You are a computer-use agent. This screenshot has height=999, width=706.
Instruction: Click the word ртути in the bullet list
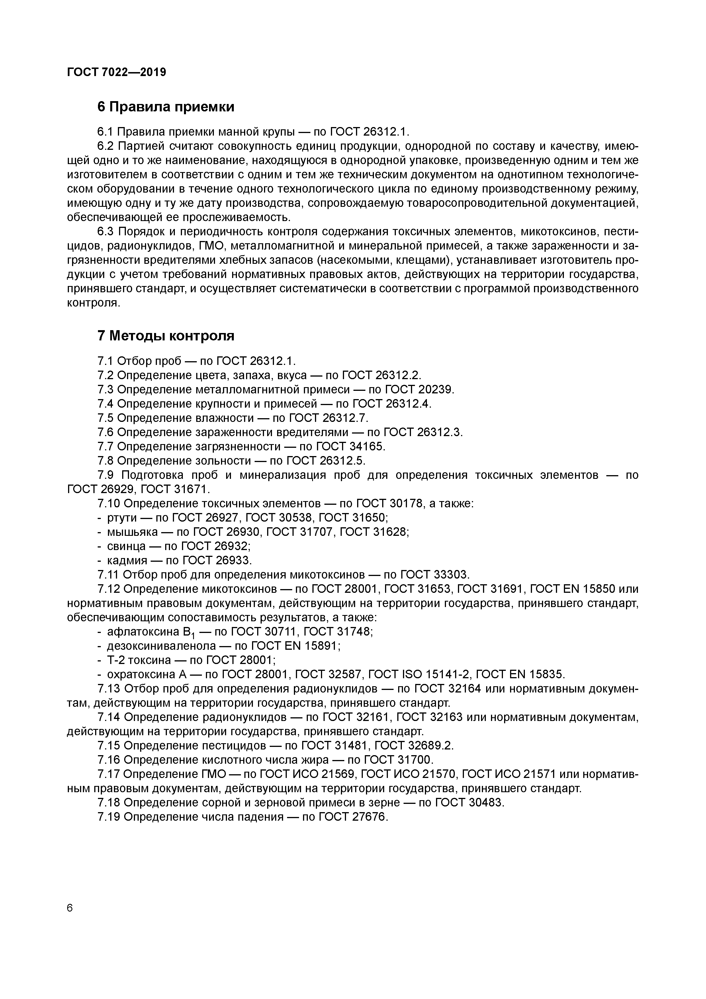(x=122, y=518)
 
